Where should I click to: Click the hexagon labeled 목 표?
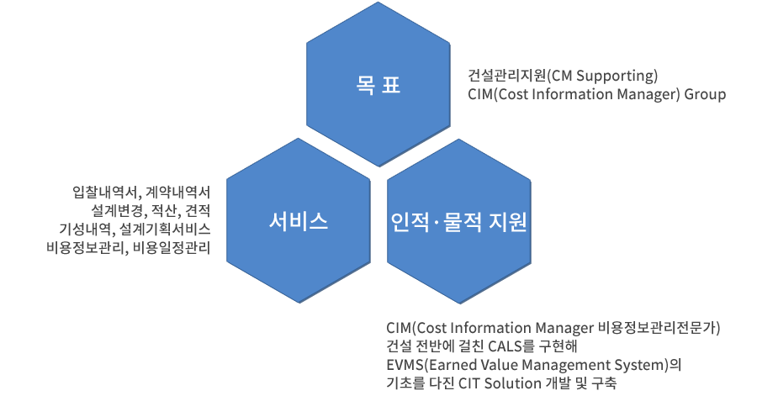378,85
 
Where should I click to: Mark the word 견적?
199,209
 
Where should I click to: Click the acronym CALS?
495,346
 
